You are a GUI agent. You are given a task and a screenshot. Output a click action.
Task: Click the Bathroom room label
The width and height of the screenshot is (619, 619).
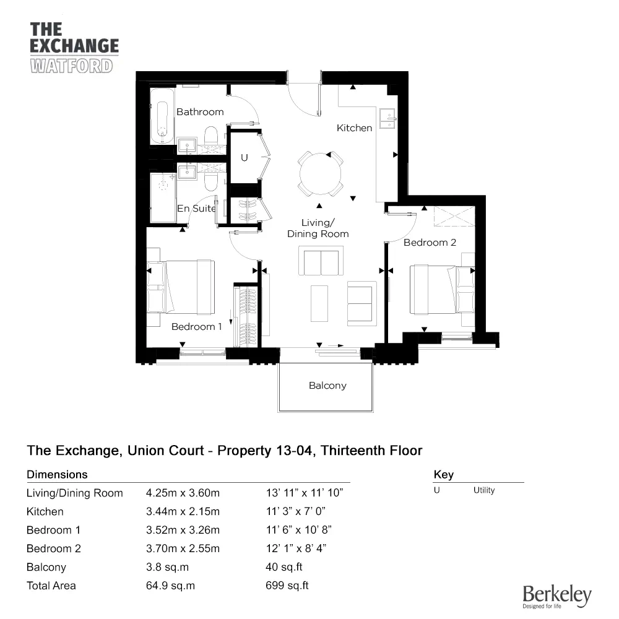[x=200, y=112]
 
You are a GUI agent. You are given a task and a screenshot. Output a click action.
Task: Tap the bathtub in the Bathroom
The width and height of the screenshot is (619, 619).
[x=162, y=116]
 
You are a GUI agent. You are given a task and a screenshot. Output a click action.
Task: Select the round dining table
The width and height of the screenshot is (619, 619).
[x=320, y=174]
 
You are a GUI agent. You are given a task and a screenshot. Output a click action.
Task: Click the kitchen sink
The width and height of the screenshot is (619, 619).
[x=387, y=118]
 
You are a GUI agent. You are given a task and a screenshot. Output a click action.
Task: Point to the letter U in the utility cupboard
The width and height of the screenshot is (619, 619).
[x=245, y=158]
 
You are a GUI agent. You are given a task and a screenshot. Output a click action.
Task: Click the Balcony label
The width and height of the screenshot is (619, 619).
[x=327, y=385]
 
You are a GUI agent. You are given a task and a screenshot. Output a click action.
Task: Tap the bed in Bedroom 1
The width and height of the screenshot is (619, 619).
[x=181, y=287]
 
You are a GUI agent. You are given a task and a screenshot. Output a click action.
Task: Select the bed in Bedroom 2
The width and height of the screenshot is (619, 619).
[x=442, y=290]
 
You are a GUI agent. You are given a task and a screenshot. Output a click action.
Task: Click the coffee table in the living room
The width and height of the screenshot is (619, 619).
[x=319, y=303]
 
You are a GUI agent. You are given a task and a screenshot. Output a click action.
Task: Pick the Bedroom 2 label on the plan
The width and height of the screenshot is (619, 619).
[x=430, y=243]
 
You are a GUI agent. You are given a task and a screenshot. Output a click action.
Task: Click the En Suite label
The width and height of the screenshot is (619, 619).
[x=196, y=209]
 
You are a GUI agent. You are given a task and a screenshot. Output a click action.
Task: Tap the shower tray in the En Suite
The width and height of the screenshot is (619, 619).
[x=163, y=198]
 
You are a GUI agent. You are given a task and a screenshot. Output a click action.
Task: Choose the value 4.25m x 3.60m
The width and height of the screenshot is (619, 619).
[x=183, y=493]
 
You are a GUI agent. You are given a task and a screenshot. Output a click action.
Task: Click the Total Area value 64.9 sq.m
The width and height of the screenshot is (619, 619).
[x=171, y=586]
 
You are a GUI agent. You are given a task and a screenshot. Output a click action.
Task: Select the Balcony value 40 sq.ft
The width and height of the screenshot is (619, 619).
[x=284, y=567]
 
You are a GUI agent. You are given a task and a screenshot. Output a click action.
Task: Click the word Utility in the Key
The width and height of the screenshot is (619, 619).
[x=484, y=490]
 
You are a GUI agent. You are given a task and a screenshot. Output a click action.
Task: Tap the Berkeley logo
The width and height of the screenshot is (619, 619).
[x=557, y=596]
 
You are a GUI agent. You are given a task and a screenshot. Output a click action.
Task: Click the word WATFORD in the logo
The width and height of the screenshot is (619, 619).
[x=71, y=66]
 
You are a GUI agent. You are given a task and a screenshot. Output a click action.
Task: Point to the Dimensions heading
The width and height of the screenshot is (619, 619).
[x=57, y=475]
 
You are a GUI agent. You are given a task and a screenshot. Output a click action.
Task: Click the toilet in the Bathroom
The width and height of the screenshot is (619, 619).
[x=211, y=136]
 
